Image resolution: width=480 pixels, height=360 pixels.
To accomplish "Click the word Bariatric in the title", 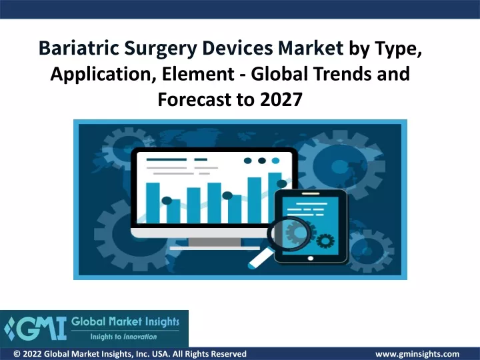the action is coord(79,48).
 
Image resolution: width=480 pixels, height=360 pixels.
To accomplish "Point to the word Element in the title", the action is coord(199,74).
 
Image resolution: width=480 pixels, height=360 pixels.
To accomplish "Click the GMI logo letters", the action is coord(36,329).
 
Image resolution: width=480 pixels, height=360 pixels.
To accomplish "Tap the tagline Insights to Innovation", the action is coord(123,337).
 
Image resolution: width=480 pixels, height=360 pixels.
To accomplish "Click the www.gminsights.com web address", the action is coord(417,354).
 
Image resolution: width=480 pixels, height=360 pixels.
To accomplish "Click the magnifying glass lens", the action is coord(289,233).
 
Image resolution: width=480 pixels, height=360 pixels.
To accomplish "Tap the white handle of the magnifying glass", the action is coord(261,259).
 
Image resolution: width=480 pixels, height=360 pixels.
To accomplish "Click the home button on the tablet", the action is coord(311,259).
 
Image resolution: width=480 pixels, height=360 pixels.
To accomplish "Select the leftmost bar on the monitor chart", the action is coord(153,203).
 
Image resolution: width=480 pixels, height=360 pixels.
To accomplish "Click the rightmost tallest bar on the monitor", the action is coord(275,198).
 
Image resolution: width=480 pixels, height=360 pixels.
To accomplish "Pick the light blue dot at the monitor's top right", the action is coord(275,161).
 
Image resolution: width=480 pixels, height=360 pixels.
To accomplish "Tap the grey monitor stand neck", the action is coord(215,242).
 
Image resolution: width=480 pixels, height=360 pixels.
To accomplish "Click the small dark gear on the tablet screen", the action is coord(325,241).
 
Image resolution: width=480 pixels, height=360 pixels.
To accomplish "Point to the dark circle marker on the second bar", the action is coord(167,201).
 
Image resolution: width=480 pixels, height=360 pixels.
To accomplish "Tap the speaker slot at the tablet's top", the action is coord(311,193).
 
